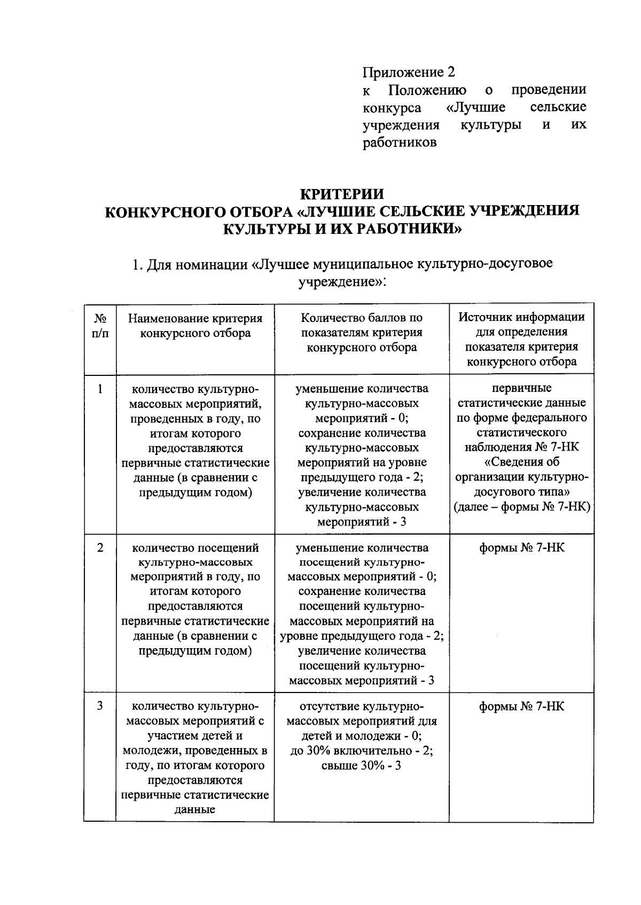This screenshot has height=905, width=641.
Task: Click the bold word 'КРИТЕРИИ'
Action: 342,193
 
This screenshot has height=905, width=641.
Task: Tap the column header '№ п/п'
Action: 100,326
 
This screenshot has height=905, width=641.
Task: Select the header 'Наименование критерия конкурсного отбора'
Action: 195,326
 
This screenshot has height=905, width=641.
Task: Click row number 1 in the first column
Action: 100,388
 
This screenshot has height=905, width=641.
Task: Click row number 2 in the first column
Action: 100,548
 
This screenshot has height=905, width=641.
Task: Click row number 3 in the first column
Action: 100,706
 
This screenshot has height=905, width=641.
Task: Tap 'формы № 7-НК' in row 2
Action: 521,548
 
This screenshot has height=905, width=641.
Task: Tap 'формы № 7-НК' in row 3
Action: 521,706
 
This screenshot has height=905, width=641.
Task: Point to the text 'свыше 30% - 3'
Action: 362,765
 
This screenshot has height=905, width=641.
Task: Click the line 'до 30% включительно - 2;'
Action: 362,750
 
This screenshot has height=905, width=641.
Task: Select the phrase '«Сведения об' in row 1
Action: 521,462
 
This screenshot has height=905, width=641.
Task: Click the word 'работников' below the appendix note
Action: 400,143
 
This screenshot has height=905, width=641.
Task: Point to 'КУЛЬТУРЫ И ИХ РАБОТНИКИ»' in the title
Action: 342,229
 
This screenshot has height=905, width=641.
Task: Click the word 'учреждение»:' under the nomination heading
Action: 342,281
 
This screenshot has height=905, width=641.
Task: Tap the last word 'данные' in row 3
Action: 195,809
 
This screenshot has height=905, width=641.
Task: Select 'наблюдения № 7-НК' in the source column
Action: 521,447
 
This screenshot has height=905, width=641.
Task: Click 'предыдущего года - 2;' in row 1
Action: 362,477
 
